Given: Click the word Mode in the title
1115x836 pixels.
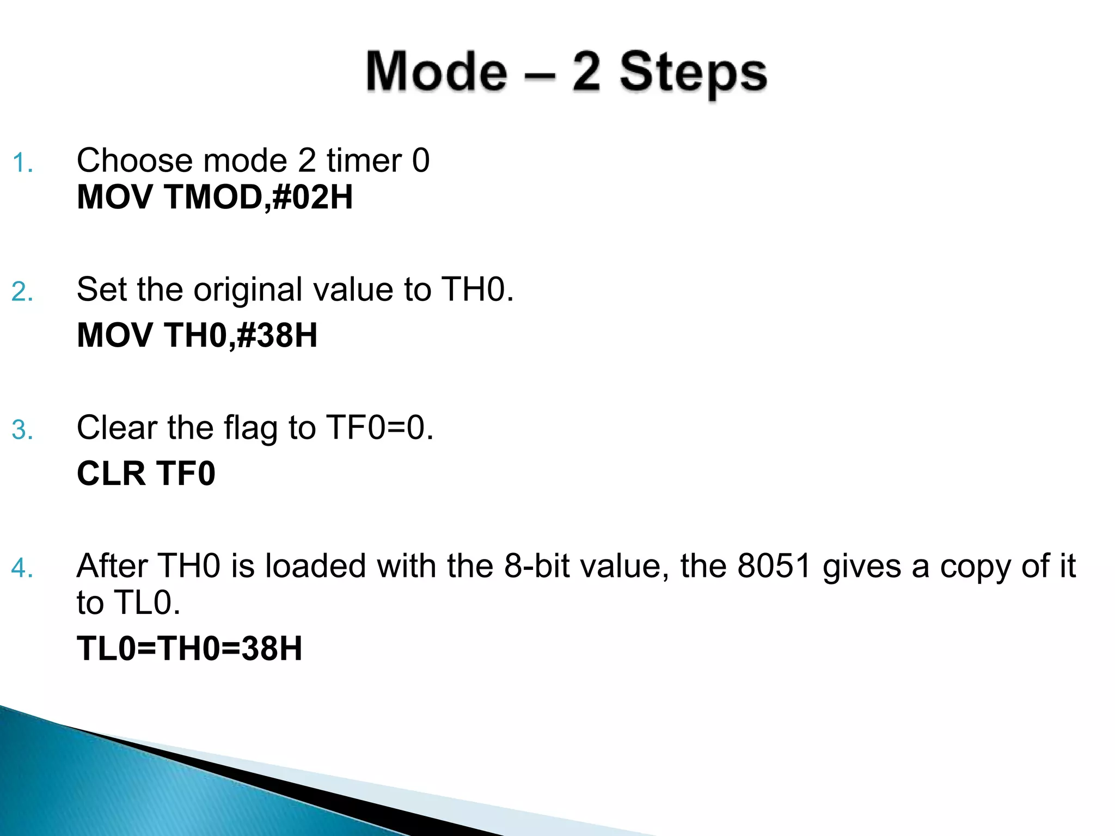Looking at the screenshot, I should pos(436,71).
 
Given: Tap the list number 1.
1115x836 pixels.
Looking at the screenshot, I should pos(22,163).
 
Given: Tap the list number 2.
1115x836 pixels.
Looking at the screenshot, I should pos(22,292).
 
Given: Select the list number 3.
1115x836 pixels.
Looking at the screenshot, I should pos(22,431).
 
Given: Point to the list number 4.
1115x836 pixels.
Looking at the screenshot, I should pos(22,569).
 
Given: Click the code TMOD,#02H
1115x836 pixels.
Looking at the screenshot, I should pos(258,197).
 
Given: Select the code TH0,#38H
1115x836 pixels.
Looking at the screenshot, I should pos(240,335).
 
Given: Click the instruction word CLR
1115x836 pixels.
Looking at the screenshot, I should pos(111,474).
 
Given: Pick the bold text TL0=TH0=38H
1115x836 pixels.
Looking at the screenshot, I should pos(189,649).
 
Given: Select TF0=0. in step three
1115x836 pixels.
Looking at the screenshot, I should pos(379,428).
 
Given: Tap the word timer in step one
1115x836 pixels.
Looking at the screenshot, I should pos(364,161).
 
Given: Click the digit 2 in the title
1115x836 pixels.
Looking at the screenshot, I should pos(586,71).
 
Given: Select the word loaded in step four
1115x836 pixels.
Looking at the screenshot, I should pos(315,566).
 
